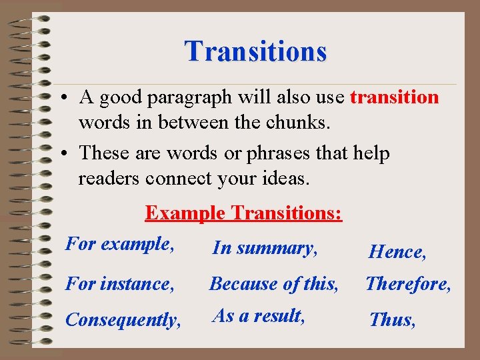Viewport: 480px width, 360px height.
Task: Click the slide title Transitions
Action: [256, 51]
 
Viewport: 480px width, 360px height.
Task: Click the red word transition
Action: [394, 97]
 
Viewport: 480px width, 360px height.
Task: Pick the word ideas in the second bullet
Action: [287, 179]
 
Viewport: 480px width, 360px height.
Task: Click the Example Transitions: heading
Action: [243, 213]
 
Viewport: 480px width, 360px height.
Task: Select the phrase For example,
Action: [120, 244]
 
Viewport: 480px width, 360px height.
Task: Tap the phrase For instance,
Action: [120, 284]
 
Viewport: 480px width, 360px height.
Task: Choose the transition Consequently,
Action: [123, 320]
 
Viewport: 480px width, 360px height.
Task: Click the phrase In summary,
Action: [265, 249]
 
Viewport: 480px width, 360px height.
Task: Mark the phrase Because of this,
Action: [274, 284]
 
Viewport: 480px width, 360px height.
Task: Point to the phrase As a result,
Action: [259, 315]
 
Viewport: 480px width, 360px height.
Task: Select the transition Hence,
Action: [397, 252]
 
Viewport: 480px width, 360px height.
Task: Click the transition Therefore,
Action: [408, 284]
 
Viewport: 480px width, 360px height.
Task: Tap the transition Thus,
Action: [393, 320]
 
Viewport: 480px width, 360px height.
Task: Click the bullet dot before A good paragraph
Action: [61, 98]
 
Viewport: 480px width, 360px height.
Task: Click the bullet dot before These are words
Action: [61, 154]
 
